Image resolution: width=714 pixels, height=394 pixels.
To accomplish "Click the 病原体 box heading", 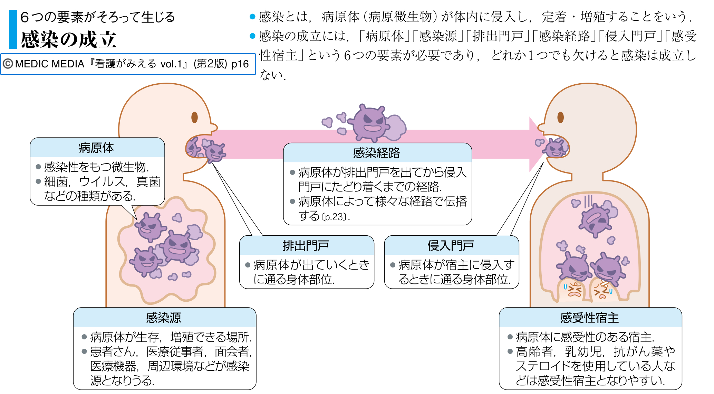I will (96, 148).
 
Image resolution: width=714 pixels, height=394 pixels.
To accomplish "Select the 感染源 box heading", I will (163, 318).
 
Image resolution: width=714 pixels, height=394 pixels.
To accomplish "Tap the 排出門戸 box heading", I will (306, 246).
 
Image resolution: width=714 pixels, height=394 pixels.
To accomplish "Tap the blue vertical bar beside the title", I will (13, 29).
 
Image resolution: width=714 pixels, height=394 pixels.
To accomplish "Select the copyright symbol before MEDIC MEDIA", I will (8, 64).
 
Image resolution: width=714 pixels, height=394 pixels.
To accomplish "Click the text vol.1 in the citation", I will (171, 64).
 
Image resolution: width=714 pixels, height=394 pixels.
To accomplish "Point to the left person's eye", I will (194, 117).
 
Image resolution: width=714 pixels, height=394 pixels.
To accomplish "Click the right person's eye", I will (560, 117).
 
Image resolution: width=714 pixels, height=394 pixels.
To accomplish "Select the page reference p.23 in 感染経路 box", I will (334, 217).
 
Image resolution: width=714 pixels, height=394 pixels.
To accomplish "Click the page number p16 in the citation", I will (240, 64).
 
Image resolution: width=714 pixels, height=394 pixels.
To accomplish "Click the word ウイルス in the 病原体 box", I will (102, 181).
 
